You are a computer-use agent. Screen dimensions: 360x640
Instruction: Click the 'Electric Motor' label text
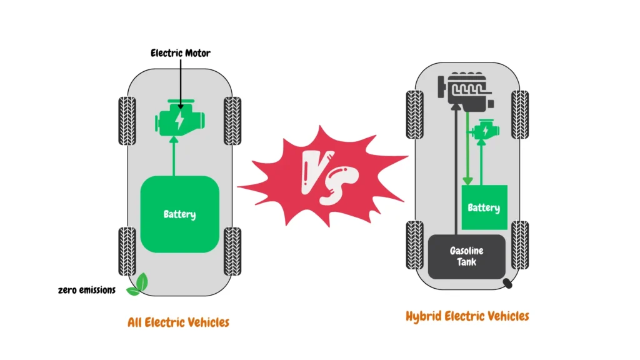coord(180,53)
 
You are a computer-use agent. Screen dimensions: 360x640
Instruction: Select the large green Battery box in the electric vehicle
coord(180,214)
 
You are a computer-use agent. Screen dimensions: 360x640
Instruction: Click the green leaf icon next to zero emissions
coord(138,284)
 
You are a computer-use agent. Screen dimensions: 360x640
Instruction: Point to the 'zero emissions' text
coord(87,290)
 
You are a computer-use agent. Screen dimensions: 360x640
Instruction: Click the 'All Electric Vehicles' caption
coord(178,322)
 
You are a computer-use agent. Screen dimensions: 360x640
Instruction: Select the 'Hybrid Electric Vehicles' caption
coord(467,316)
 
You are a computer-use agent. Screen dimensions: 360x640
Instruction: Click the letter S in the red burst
coord(341,186)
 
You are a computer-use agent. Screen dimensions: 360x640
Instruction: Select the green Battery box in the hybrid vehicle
coord(482,207)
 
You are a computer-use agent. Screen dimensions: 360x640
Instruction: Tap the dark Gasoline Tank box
coord(466,256)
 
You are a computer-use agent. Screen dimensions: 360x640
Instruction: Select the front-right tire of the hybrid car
coord(519,114)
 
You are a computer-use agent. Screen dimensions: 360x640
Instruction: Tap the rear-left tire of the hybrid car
coord(414,244)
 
